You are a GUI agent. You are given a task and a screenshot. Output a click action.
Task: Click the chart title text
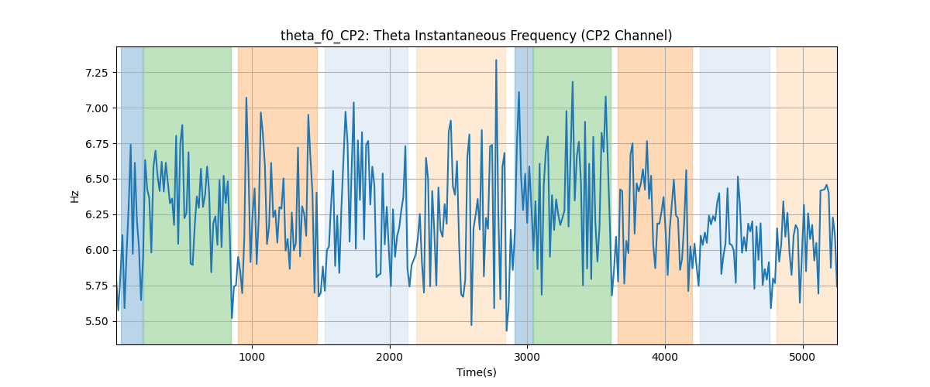click(x=476, y=36)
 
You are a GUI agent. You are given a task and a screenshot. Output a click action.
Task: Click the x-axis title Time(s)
click(x=476, y=372)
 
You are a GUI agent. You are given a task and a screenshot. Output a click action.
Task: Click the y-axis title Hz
click(x=74, y=197)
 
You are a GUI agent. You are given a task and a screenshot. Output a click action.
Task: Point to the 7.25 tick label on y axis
click(x=96, y=73)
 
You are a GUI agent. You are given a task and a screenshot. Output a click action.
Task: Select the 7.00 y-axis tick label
click(x=96, y=108)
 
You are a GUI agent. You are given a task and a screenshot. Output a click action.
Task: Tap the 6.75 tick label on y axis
click(x=96, y=144)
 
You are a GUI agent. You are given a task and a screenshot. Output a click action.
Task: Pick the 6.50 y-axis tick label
click(x=96, y=180)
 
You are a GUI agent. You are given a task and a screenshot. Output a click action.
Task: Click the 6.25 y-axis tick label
click(x=96, y=215)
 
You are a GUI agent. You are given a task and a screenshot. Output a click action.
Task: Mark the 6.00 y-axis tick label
click(x=96, y=250)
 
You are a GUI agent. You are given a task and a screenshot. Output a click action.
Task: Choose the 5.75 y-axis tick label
click(x=96, y=286)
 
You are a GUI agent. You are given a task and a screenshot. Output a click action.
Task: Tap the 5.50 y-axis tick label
click(x=96, y=321)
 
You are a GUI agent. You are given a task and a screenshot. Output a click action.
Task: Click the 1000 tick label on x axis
click(x=252, y=357)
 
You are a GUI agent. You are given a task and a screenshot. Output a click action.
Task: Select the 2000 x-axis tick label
click(x=390, y=357)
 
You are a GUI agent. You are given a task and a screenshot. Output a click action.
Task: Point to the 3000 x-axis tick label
click(x=527, y=357)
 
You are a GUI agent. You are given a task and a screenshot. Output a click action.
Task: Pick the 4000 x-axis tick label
click(x=665, y=357)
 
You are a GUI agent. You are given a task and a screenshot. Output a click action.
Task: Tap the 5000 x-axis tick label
click(x=803, y=357)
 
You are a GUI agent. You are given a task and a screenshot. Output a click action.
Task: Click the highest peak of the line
click(x=496, y=60)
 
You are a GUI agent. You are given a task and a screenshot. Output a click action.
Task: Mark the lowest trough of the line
click(x=507, y=330)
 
